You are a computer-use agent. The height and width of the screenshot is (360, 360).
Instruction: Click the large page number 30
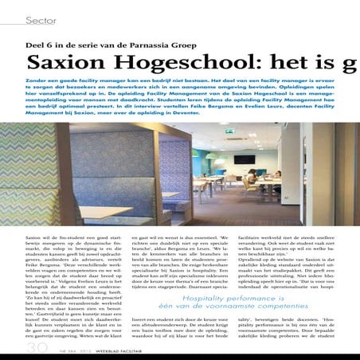[14, 348]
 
